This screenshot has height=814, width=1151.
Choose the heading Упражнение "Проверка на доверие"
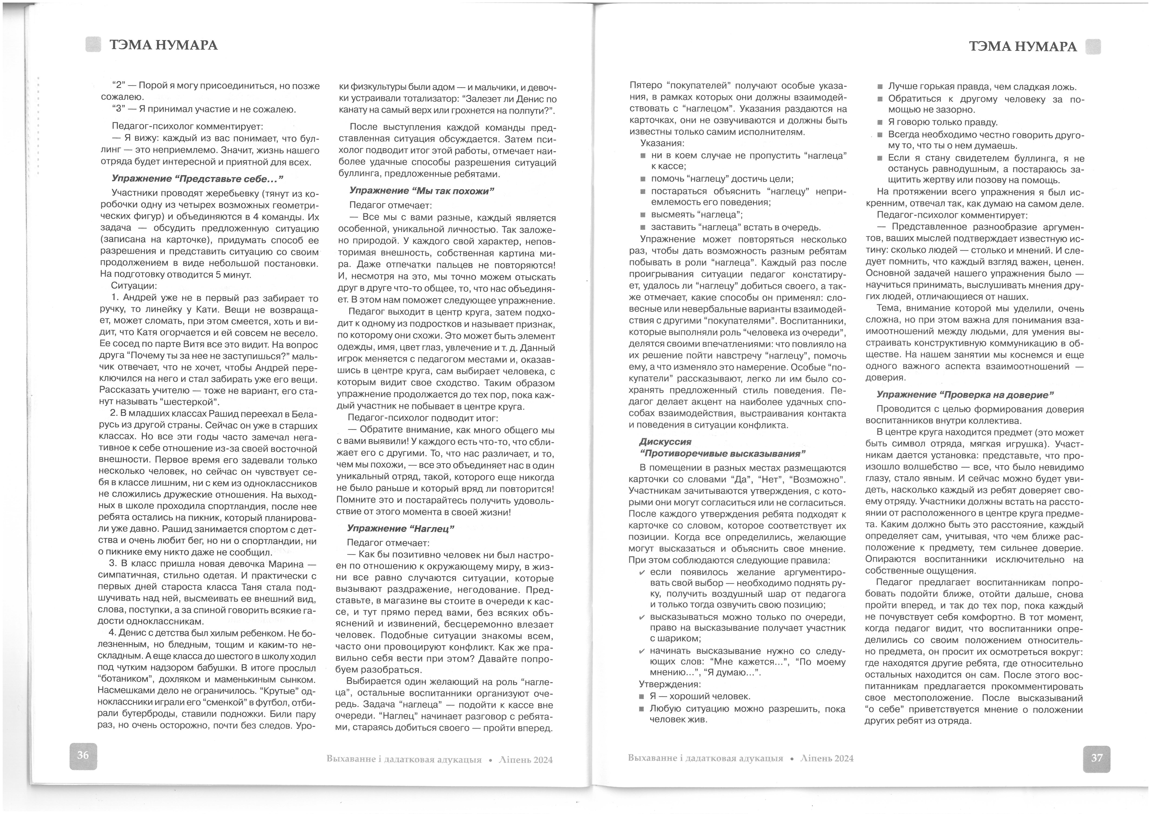coord(965,395)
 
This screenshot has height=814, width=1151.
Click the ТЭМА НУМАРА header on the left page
coord(163,46)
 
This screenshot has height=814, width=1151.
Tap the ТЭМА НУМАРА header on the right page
coord(1023,47)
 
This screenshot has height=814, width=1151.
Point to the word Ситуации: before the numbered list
coord(134,286)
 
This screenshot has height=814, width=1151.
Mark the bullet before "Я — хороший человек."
coord(642,697)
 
